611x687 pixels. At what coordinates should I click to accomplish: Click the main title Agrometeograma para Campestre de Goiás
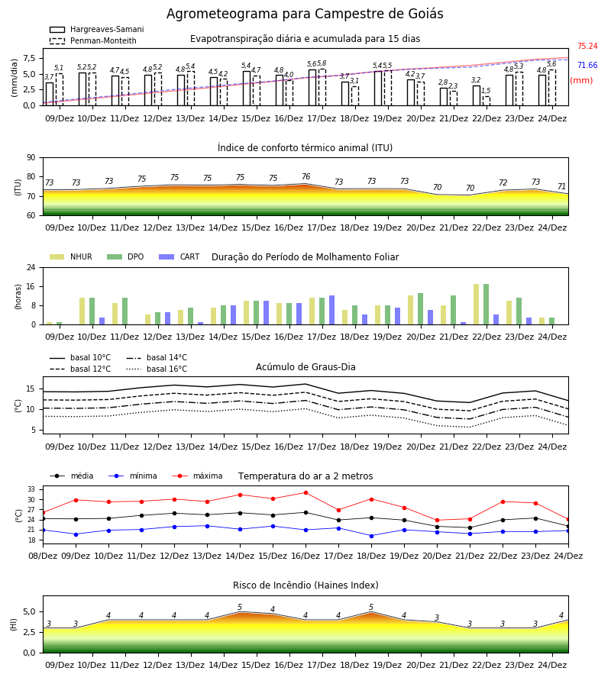coord(305,14)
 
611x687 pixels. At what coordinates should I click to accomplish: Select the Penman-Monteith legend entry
coord(93,40)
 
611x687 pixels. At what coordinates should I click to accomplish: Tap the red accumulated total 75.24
coord(587,46)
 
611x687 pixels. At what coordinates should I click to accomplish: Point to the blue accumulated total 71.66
coord(587,66)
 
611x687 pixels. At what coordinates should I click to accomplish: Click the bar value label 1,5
coord(486,91)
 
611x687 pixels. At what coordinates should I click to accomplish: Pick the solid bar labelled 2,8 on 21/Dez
coord(444,97)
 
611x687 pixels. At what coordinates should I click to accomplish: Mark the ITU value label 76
coord(306,176)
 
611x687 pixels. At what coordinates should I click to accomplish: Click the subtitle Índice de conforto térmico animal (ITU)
coord(305,147)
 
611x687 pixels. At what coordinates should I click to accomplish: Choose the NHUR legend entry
coord(71,256)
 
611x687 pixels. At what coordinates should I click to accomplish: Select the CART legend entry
coord(179,256)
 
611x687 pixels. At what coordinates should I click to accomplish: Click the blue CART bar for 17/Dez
coord(331,310)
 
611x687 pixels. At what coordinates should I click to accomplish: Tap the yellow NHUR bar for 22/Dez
coord(476,305)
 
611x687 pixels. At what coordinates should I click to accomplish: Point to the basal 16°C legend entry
coord(157,369)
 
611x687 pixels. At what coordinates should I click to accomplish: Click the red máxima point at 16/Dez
coord(306,493)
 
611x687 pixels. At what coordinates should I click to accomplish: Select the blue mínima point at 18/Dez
coord(372,536)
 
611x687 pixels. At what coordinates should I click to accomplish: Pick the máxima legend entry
coord(198,476)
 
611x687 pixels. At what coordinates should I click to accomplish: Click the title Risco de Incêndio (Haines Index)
coord(305,585)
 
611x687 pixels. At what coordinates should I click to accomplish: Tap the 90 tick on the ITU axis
coord(31,158)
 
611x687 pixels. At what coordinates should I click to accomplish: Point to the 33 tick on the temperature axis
coord(31,489)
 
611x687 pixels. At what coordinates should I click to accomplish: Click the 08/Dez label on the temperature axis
coord(43,556)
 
